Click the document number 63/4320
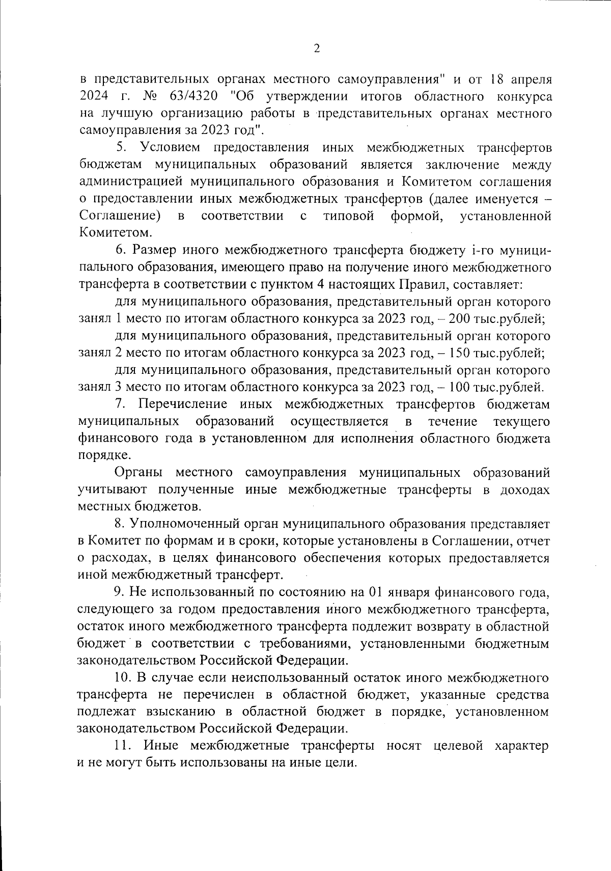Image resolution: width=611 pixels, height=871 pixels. (183, 96)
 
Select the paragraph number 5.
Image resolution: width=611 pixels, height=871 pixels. (121, 148)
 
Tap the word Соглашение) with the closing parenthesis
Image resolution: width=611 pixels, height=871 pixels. (120, 216)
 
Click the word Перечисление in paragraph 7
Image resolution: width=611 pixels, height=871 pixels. (182, 404)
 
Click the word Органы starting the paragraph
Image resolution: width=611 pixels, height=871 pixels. (137, 473)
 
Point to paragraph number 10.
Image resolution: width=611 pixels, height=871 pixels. (124, 677)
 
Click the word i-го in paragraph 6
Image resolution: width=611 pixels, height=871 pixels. (481, 251)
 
